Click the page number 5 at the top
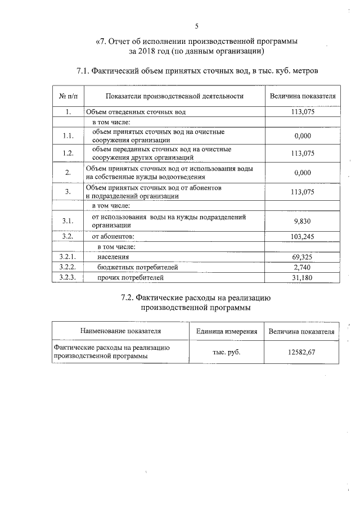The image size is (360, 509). coord(197,25)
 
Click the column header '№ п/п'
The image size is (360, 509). coord(68,96)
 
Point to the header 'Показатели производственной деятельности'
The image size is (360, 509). coord(174,96)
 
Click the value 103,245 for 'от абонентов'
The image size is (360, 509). coord(303,237)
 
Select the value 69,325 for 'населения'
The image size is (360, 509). coord(303,257)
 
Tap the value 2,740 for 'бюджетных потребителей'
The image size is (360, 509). coord(303,267)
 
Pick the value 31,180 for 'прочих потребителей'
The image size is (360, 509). coord(303,277)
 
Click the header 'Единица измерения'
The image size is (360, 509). coord(226,331)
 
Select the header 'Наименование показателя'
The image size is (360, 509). coord(120,331)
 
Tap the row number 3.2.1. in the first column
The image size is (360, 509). coord(68,257)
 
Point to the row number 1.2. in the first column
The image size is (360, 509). coord(68,153)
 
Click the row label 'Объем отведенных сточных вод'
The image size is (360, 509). coord(136,112)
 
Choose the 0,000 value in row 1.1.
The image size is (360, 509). coord(303,136)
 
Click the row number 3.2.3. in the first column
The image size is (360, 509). coord(68,277)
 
